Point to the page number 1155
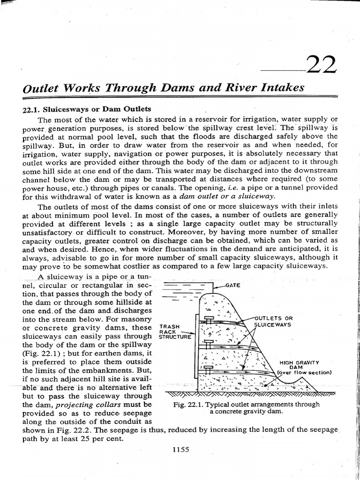tap(180, 449)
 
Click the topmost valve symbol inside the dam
tap(209, 319)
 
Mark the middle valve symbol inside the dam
tap(209, 343)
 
